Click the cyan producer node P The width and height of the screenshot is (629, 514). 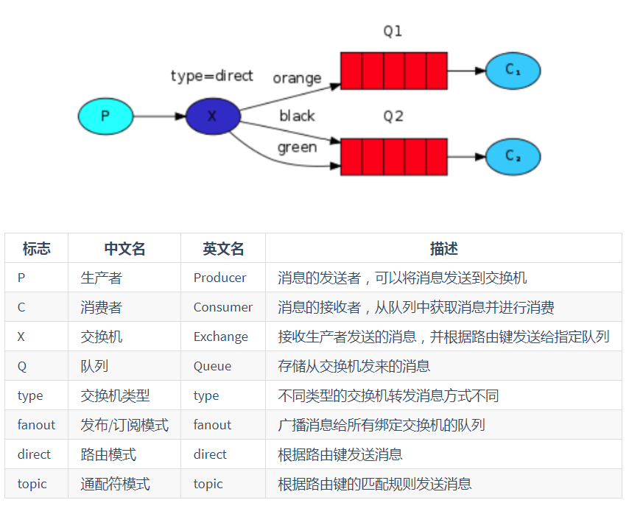(105, 116)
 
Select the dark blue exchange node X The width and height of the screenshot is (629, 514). (212, 116)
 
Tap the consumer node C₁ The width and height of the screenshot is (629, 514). (513, 71)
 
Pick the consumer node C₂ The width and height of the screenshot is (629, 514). (513, 156)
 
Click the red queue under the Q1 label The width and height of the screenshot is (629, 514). (393, 71)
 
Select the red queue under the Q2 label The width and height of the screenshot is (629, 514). (393, 156)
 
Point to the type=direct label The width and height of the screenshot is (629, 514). (211, 76)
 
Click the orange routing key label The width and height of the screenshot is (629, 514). (297, 78)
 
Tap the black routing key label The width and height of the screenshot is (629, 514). (297, 116)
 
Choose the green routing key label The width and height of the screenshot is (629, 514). (297, 147)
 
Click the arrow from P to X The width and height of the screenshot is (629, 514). (158, 116)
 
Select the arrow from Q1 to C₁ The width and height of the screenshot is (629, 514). (466, 71)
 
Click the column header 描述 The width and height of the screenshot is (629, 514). (443, 249)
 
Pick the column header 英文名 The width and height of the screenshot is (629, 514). (223, 249)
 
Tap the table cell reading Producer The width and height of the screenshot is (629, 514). (219, 278)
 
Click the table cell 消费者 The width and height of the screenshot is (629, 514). (102, 307)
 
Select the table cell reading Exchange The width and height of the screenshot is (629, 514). (220, 337)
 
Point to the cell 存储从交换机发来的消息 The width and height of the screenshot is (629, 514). (354, 366)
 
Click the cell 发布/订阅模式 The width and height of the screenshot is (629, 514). (124, 425)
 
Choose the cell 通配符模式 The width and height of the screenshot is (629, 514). (115, 484)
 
